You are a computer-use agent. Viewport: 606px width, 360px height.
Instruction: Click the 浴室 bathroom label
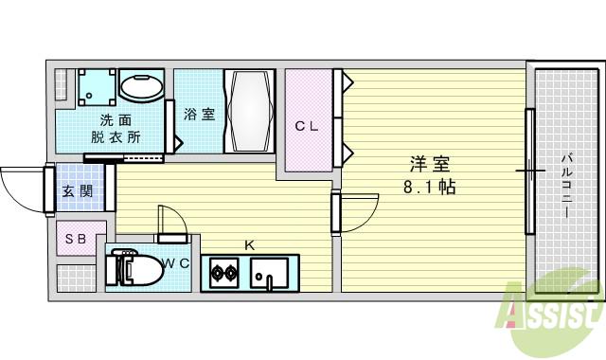[199, 115]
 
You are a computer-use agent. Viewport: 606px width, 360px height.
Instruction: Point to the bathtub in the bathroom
[249, 111]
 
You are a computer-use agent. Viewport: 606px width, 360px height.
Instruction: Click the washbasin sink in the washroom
[142, 88]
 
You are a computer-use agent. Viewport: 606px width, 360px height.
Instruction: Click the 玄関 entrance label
[77, 190]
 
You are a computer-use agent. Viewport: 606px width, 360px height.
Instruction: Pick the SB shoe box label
[76, 240]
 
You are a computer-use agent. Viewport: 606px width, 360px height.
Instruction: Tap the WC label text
[177, 262]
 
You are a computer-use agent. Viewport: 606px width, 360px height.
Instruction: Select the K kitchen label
[250, 245]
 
